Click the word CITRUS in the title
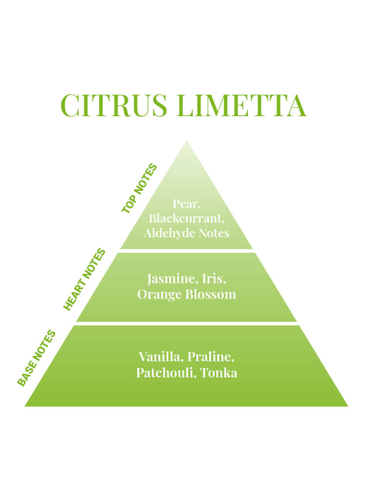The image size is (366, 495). [114, 105]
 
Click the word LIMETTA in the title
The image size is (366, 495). [242, 105]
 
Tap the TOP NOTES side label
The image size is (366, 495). [140, 188]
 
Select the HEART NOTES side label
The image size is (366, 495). [84, 279]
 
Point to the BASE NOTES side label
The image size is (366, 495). [37, 358]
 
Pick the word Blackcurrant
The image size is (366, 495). [186, 219]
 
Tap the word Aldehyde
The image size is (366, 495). [169, 233]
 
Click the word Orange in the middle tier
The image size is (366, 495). [160, 294]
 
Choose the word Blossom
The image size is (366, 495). [210, 294]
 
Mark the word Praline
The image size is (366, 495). [211, 357]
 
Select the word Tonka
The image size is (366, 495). [219, 373]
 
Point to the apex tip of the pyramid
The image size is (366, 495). [186, 141]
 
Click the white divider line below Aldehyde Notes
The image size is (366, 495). [186, 251]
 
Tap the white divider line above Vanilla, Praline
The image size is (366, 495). [186, 324]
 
